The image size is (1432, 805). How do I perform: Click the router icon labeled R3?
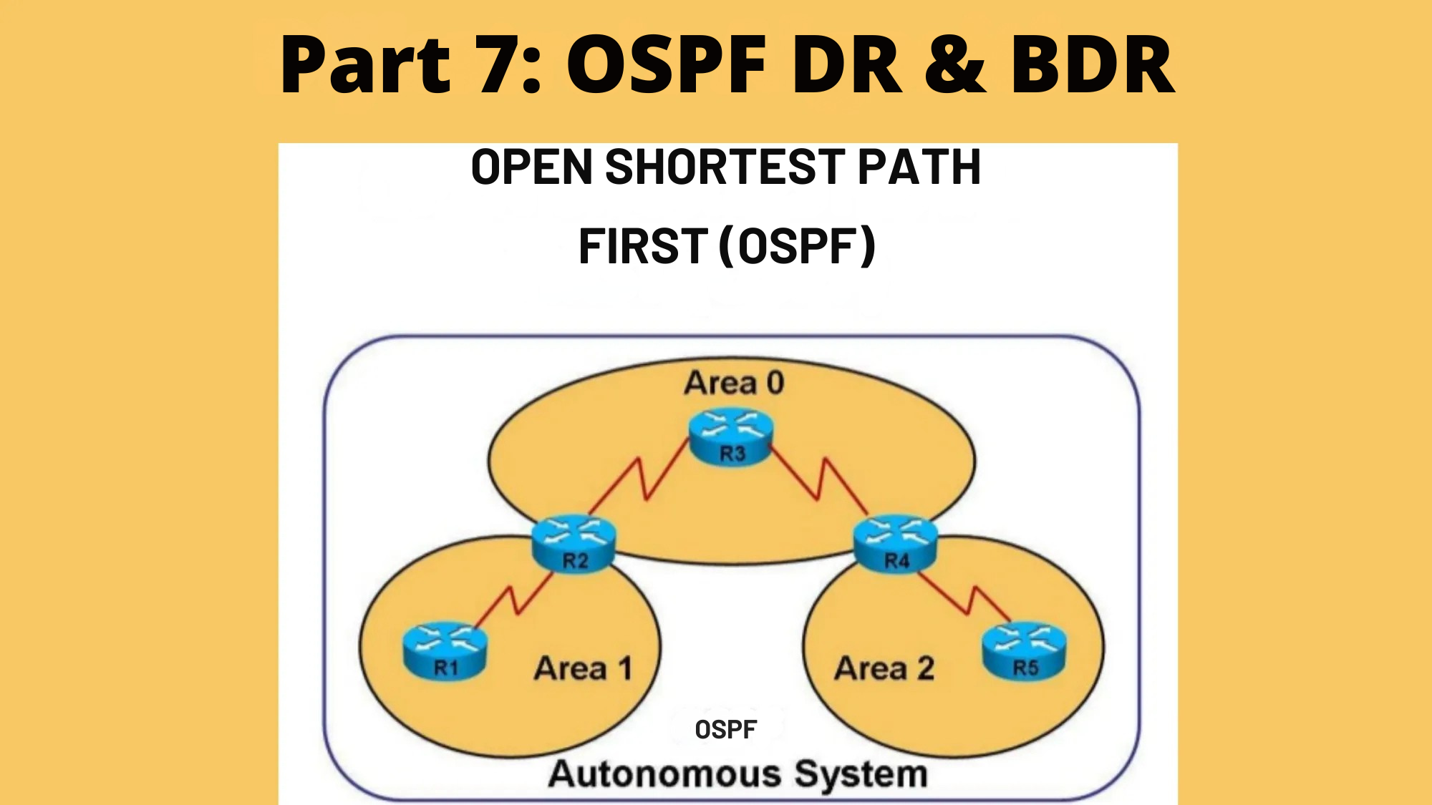pyautogui.click(x=731, y=437)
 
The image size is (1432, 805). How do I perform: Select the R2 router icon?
pyautogui.click(x=574, y=543)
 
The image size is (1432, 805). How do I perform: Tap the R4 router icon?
pyautogui.click(x=896, y=543)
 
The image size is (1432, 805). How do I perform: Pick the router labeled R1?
pyautogui.click(x=445, y=650)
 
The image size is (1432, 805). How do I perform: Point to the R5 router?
pyautogui.click(x=1024, y=650)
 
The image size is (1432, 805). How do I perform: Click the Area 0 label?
pyautogui.click(x=734, y=383)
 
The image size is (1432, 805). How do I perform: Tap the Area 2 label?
pyautogui.click(x=884, y=668)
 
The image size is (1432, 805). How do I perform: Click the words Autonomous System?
pyautogui.click(x=737, y=774)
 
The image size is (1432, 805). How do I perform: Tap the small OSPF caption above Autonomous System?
pyautogui.click(x=725, y=729)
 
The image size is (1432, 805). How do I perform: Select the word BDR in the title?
pyautogui.click(x=1092, y=66)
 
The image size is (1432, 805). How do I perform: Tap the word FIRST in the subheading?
pyautogui.click(x=642, y=246)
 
